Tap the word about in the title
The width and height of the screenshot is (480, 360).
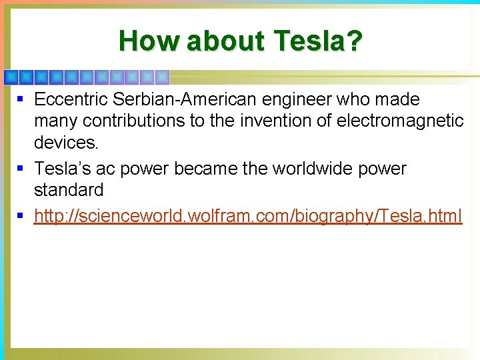[225, 41]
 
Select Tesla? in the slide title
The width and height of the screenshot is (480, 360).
[318, 41]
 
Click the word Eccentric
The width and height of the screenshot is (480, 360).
[71, 100]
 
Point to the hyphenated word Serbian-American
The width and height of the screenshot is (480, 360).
[185, 100]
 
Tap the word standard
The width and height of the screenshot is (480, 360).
[69, 190]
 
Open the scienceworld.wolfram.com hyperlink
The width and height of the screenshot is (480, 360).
[247, 216]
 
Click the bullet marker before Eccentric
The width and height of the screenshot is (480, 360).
[21, 100]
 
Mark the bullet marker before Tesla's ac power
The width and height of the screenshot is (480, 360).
[21, 169]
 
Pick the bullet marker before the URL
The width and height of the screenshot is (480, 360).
[21, 216]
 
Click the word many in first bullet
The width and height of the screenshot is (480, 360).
[55, 121]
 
